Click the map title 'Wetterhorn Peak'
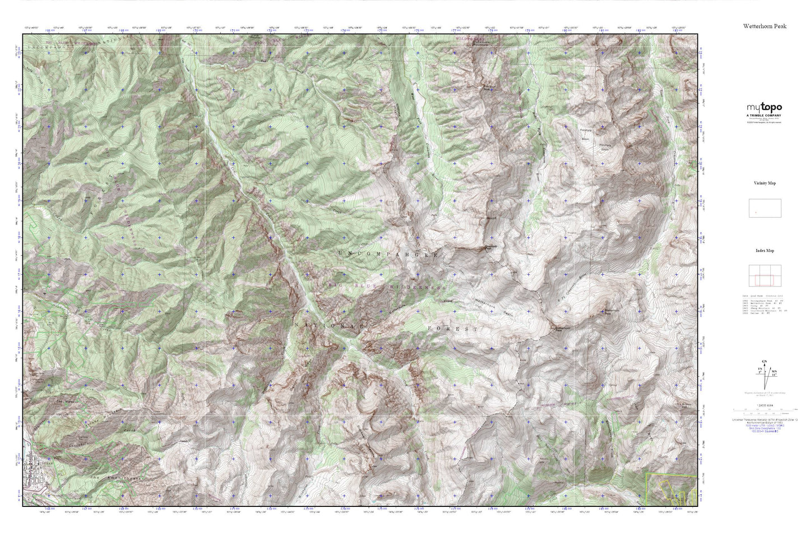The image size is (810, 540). (765, 26)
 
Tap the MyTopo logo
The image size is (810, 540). (764, 108)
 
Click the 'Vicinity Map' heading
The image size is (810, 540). (765, 183)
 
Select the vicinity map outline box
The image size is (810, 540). (765, 208)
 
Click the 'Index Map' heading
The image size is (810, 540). (765, 251)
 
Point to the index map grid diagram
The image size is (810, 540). (765, 276)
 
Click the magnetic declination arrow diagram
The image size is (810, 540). (764, 376)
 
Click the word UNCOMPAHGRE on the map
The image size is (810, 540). (388, 255)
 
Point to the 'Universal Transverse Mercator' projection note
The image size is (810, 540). (765, 419)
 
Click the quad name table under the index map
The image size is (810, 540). (765, 303)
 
